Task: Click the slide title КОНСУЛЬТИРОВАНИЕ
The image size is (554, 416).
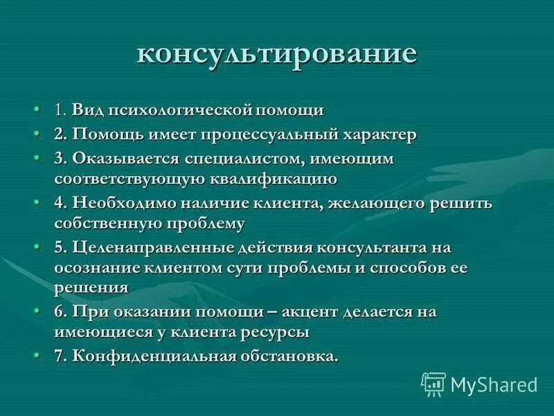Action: pos(277,53)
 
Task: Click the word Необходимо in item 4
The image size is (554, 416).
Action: pos(123,203)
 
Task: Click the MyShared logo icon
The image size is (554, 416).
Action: pos(433,383)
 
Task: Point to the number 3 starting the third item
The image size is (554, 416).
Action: pos(59,159)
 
